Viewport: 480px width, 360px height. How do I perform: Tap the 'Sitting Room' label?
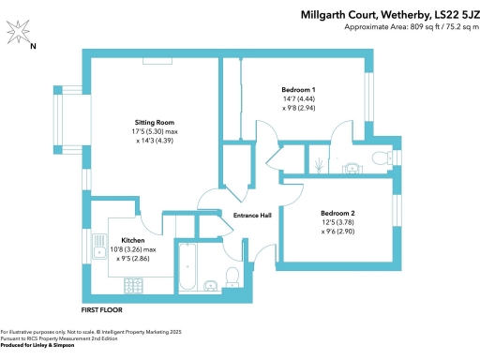(x=153, y=123)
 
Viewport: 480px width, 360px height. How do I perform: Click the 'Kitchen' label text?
(x=132, y=240)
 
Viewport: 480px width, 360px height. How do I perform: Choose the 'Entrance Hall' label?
(x=252, y=216)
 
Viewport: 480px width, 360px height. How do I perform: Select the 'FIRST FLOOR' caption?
(x=101, y=308)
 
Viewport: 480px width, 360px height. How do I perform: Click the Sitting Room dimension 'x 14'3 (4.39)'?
(x=153, y=141)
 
